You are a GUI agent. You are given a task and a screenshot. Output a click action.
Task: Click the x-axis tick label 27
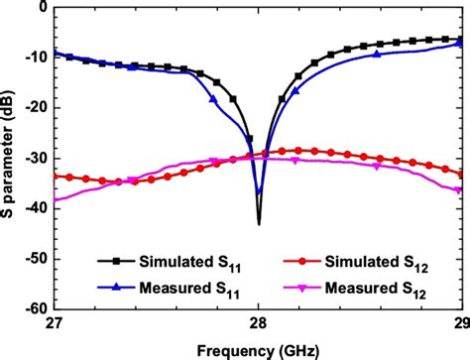pyautogui.click(x=55, y=323)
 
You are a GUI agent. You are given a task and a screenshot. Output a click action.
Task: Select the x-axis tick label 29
pyautogui.click(x=459, y=323)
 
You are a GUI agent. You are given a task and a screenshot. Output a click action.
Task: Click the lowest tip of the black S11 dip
pyautogui.click(x=259, y=224)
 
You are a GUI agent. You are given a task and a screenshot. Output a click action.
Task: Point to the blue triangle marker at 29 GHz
pyautogui.click(x=459, y=44)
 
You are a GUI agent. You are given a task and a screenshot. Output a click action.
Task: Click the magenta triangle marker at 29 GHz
pyautogui.click(x=459, y=189)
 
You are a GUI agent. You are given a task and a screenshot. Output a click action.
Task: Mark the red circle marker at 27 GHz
pyautogui.click(x=55, y=176)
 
